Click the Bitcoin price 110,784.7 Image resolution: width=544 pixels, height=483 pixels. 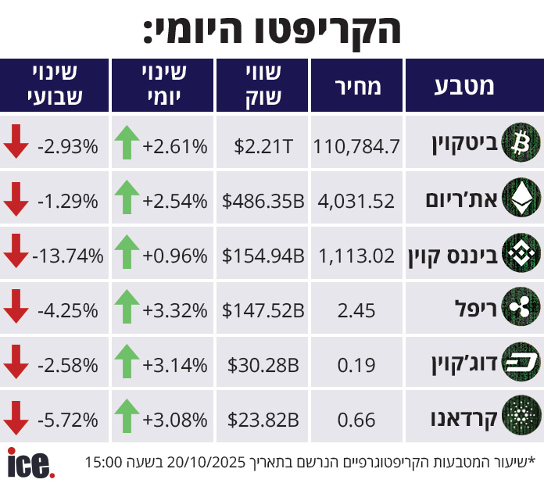(x=356, y=146)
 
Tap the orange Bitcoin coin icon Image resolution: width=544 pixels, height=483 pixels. (x=520, y=144)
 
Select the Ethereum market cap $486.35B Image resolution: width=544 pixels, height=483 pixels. (x=263, y=201)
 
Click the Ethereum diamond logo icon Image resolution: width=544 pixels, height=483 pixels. (x=520, y=200)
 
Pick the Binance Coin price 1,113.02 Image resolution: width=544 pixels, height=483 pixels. (x=356, y=256)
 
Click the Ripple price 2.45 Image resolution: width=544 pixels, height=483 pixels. (x=356, y=310)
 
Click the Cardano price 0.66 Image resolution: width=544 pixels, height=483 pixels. (x=356, y=420)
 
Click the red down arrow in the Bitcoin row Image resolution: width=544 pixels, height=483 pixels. (x=16, y=142)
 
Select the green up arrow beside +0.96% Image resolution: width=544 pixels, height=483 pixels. (x=126, y=253)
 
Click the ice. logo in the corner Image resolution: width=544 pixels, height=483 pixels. (x=31, y=462)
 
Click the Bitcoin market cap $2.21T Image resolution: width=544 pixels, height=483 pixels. (x=264, y=146)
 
